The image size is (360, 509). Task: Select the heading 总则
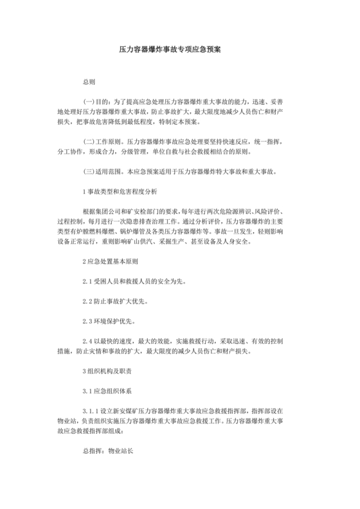(x=89, y=84)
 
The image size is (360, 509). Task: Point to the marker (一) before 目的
(x=91, y=102)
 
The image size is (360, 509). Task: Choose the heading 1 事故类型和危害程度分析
(x=120, y=192)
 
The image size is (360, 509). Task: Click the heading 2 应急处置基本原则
(x=110, y=262)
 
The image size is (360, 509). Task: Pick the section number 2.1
(x=88, y=281)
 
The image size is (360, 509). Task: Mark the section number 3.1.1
(x=92, y=411)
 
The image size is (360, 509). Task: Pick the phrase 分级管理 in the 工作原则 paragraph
(x=148, y=153)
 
